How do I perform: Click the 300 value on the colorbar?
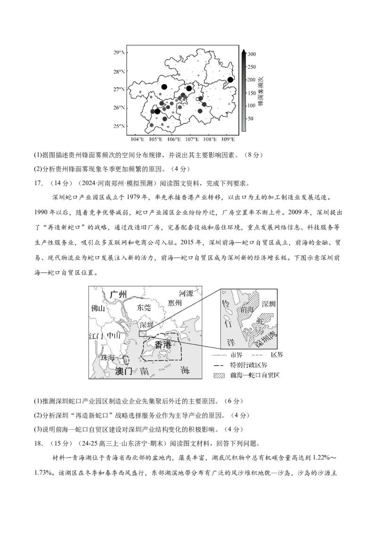coord(251,54)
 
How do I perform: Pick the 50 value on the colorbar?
coord(250,119)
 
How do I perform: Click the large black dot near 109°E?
coord(230,80)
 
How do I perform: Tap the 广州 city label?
coord(119,294)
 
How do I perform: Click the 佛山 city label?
coord(98,309)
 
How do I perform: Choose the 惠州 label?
coord(175,304)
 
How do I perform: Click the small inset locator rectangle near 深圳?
coord(142,333)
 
